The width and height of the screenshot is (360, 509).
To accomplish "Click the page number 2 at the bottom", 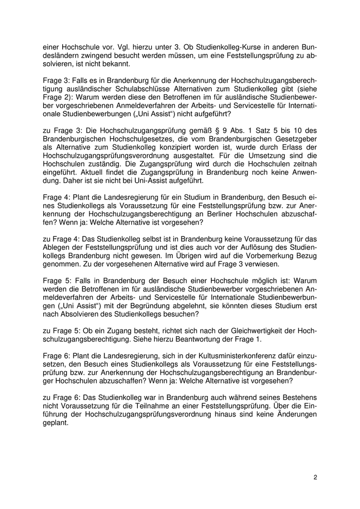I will pos(315,477).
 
